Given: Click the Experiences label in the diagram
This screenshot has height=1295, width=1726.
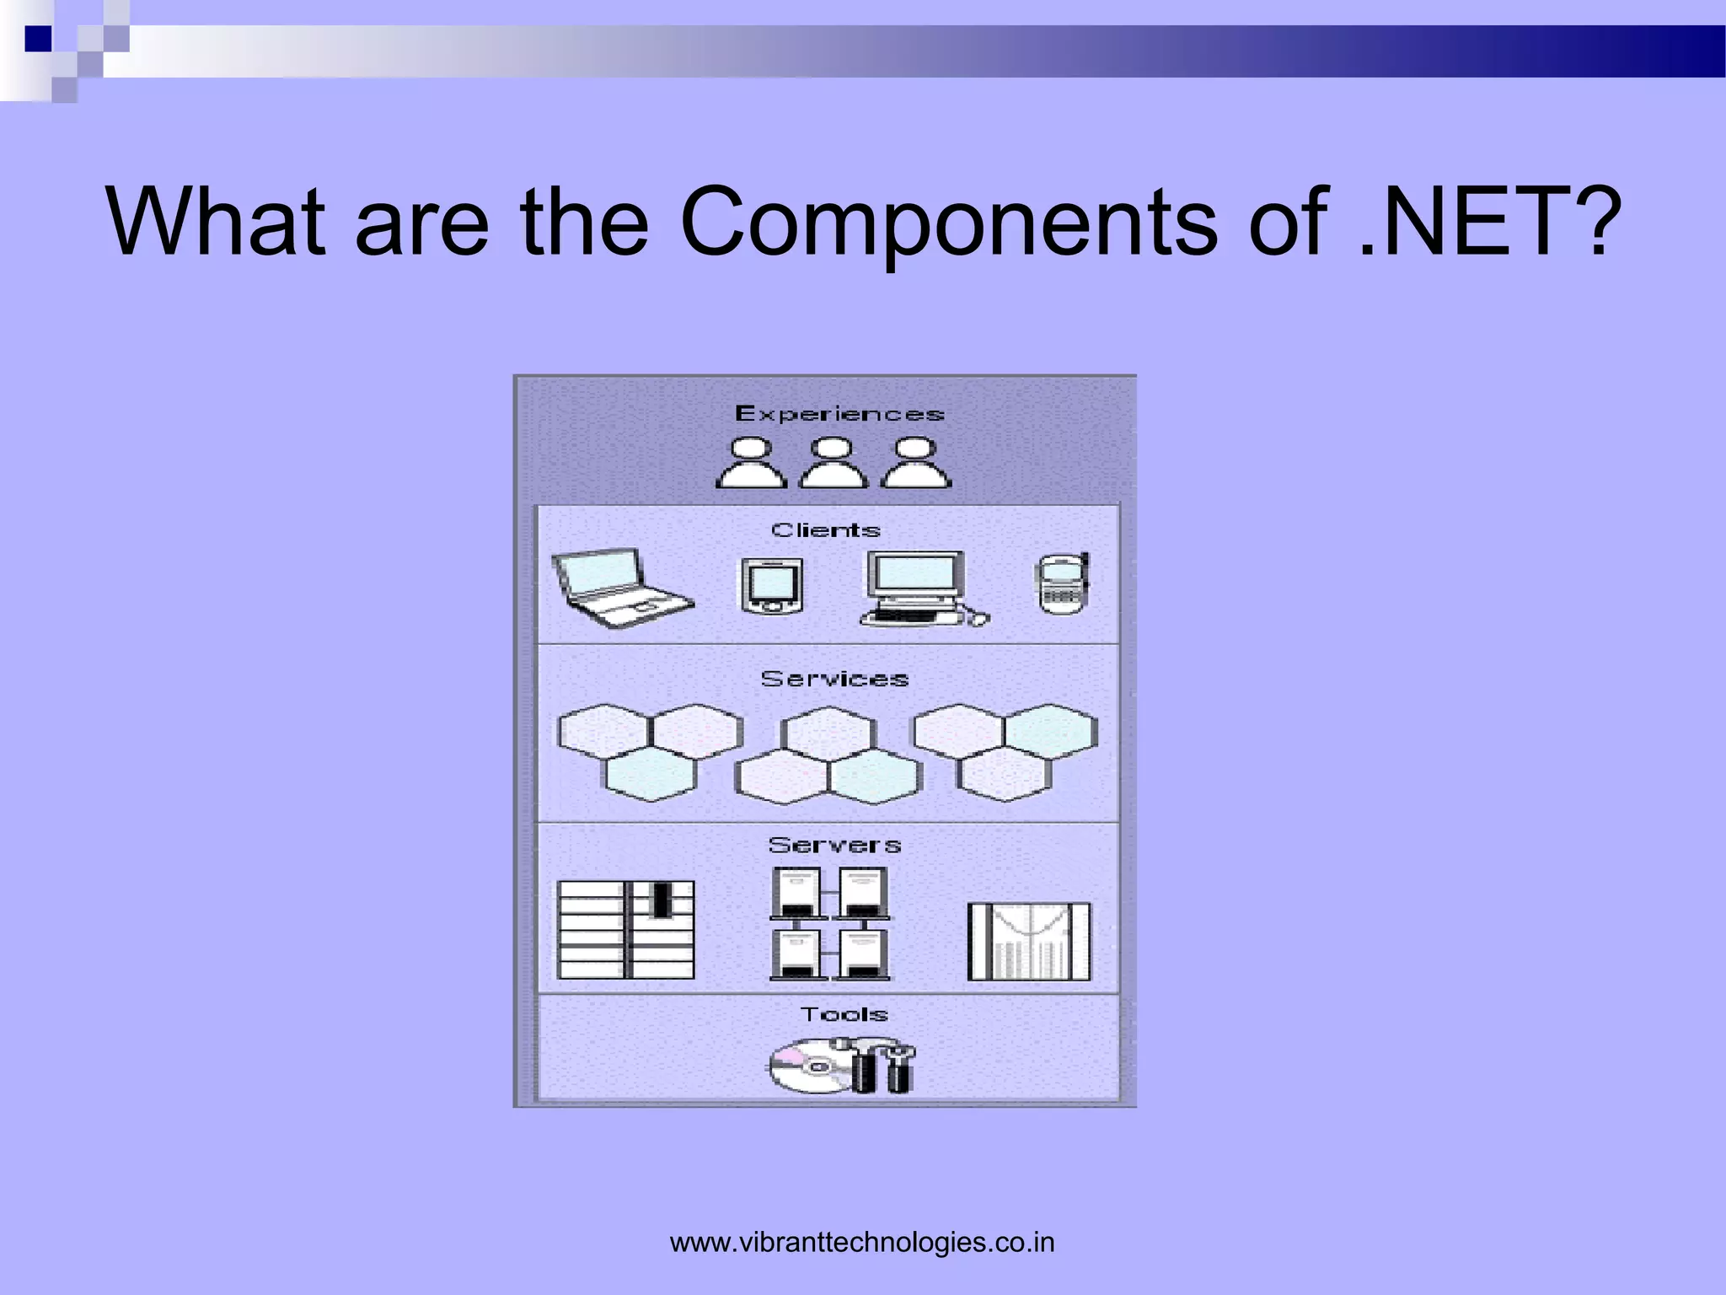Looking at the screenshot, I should [x=839, y=414].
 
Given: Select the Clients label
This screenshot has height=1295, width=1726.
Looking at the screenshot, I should [x=826, y=530].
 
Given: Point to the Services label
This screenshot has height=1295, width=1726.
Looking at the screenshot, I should [x=834, y=680].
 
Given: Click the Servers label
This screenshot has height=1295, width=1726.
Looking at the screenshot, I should [x=834, y=845].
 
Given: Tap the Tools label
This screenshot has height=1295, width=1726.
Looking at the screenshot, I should [x=844, y=1014].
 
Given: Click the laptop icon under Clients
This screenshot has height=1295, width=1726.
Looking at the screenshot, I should [x=622, y=588].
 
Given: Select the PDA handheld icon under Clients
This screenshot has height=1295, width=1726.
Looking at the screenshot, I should [x=771, y=586].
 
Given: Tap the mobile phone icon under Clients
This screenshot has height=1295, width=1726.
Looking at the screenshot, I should [x=1062, y=583].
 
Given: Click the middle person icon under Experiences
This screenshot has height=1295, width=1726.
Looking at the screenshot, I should [x=833, y=463].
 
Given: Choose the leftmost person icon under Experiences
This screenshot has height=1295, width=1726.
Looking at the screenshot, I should [x=751, y=463].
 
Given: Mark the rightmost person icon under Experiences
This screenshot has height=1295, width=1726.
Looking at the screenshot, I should [x=916, y=463].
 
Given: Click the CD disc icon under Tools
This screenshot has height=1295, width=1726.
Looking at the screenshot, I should [x=806, y=1067].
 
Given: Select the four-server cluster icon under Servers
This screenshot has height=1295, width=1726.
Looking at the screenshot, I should [x=830, y=924].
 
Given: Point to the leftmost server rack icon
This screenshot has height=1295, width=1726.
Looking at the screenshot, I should [x=626, y=930].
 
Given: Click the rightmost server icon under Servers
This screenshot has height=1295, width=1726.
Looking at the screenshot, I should [x=1029, y=942].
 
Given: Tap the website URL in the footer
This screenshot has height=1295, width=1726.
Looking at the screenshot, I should [x=862, y=1243].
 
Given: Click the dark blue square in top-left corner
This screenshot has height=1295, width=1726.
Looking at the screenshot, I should [x=38, y=39].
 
